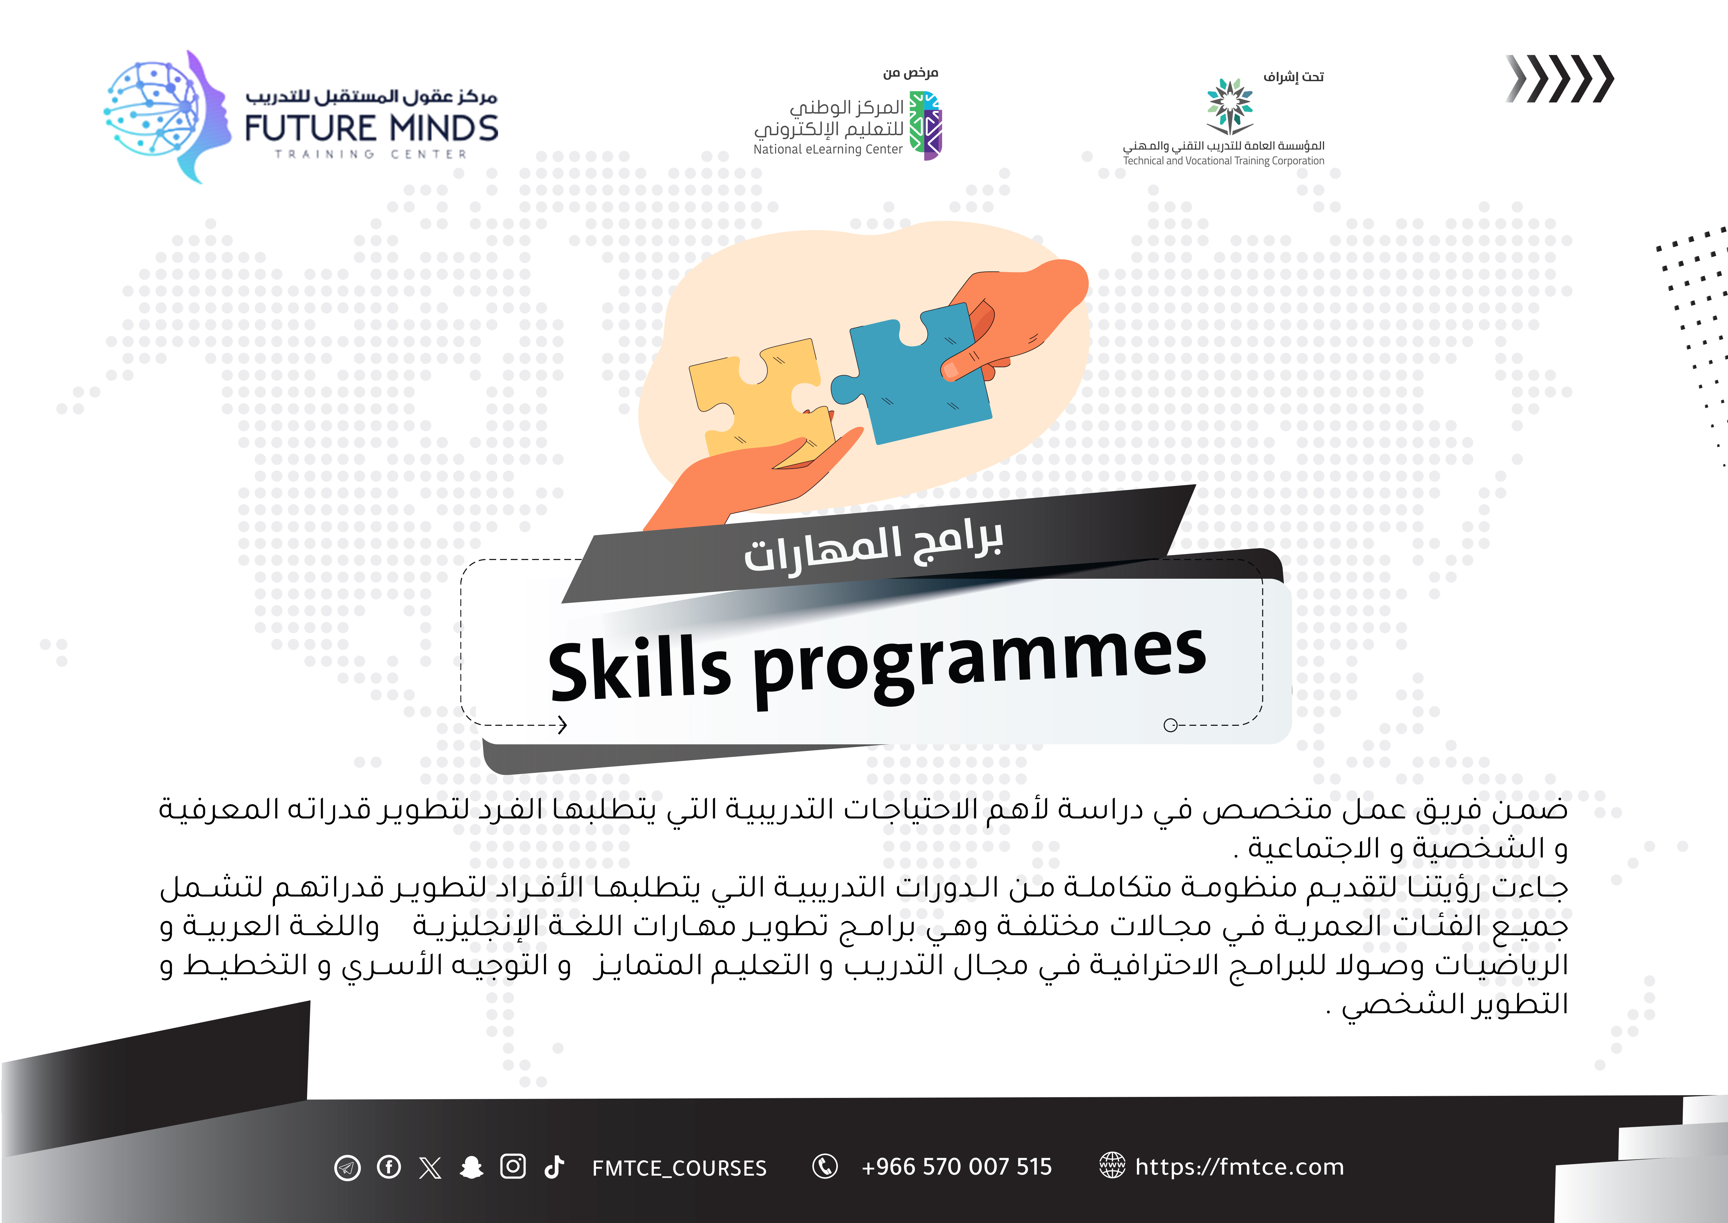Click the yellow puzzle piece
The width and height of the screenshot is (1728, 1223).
click(x=761, y=399)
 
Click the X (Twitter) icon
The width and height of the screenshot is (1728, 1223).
click(x=430, y=1167)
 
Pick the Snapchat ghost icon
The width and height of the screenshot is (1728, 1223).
click(x=472, y=1167)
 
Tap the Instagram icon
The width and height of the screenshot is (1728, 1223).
click(x=513, y=1167)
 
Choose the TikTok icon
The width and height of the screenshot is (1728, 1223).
click(x=555, y=1167)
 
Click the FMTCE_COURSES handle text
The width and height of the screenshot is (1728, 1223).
click(x=679, y=1168)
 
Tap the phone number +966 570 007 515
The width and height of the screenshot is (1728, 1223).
click(x=956, y=1167)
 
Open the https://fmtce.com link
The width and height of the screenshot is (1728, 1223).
click(x=1239, y=1167)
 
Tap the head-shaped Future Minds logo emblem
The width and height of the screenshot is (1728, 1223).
click(x=166, y=117)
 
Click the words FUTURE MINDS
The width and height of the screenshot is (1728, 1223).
click(x=372, y=128)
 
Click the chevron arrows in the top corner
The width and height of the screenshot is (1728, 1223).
click(x=1559, y=78)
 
